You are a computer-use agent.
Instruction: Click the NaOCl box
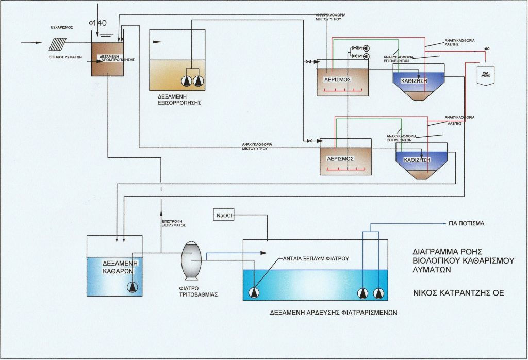(x=223, y=215)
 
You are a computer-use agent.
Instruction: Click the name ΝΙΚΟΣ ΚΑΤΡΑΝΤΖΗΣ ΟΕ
(x=458, y=293)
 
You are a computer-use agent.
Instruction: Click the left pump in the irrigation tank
(x=253, y=292)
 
